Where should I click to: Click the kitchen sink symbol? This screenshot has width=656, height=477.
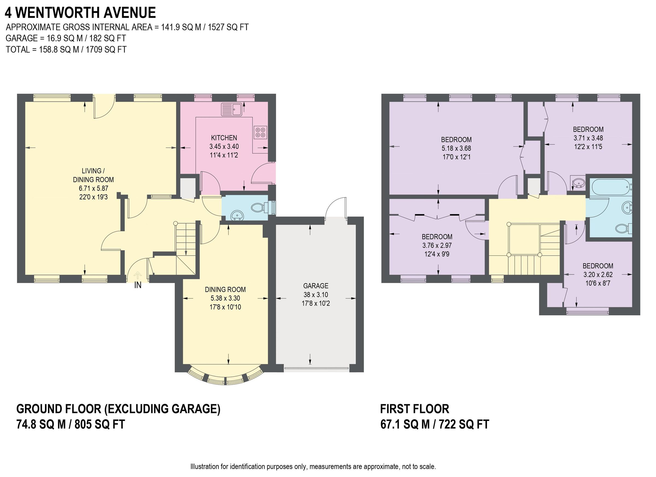point(232,109)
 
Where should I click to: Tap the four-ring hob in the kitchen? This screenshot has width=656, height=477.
point(260,132)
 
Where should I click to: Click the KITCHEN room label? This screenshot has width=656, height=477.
point(224,138)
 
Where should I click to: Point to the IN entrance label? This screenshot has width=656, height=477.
point(138,285)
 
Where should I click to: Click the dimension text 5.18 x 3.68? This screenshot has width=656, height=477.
point(456,149)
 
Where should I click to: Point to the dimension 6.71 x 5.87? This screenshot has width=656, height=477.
point(93,188)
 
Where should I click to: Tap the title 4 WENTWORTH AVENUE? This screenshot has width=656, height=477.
point(80,13)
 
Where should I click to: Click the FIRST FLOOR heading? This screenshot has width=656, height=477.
point(414,409)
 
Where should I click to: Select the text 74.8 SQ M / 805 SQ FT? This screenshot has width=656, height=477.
point(71,424)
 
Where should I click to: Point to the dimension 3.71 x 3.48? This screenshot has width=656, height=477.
point(588,138)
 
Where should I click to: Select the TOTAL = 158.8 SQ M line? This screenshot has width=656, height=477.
point(66,50)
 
